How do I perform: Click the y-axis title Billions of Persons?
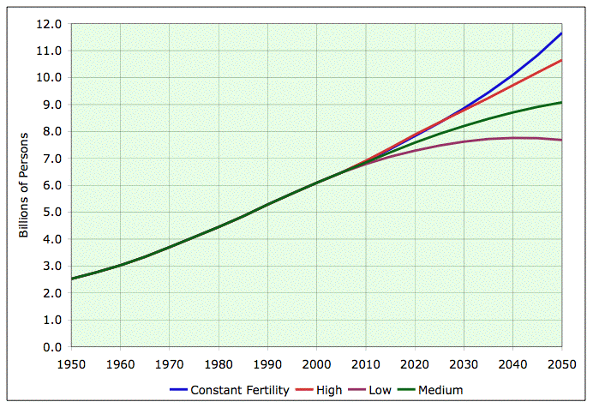(x=24, y=185)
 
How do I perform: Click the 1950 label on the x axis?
(x=71, y=363)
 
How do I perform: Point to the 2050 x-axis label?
(x=562, y=363)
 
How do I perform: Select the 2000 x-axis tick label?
(x=317, y=363)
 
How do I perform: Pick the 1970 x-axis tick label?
(x=170, y=363)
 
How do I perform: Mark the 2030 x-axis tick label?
(x=464, y=363)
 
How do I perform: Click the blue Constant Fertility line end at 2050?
(x=562, y=33)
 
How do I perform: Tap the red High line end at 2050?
(x=562, y=60)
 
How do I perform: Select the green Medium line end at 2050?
(x=562, y=102)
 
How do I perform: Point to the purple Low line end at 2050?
(x=562, y=140)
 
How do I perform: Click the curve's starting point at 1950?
(x=72, y=279)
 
